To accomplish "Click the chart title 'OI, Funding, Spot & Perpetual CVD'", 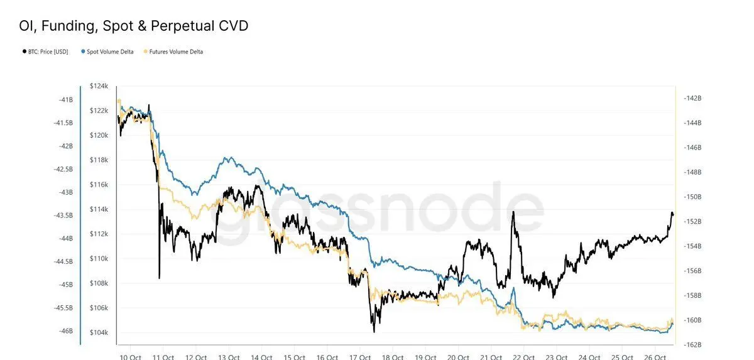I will point(133,26).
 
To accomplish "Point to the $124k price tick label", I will point(100,86).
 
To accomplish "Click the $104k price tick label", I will point(100,333).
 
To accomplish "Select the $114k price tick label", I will point(100,209).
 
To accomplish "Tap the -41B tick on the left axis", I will point(65,99).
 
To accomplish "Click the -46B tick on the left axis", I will point(65,331).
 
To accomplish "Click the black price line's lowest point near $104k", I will point(374,331).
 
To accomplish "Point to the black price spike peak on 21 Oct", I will point(513,212).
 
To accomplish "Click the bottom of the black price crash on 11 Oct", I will point(160,278).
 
